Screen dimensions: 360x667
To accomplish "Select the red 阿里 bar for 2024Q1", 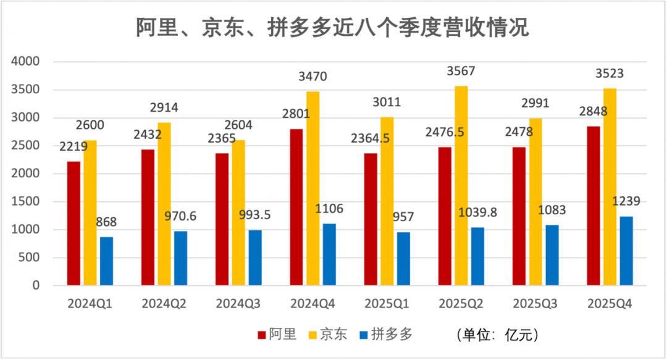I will point(74,223).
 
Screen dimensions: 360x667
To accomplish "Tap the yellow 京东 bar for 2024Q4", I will point(313,188).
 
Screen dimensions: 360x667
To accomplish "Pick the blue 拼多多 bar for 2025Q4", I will point(626,251).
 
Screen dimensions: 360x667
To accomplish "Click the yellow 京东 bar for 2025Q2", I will point(461,186).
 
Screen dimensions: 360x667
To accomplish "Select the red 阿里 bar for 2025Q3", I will point(519,216).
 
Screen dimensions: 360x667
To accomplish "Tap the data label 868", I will point(106,222).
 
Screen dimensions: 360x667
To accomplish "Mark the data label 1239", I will point(626,201).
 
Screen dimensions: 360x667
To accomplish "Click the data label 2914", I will point(164,107).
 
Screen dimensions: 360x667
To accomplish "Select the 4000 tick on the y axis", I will point(25,62).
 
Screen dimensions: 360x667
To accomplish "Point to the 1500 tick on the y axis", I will point(25,202).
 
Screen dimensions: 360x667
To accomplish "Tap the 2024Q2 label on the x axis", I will point(164,304).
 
